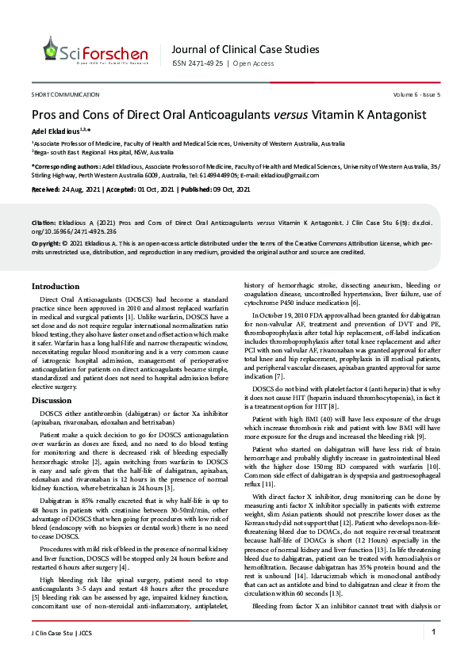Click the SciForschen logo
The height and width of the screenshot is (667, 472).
96,51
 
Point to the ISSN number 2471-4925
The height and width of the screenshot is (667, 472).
202,63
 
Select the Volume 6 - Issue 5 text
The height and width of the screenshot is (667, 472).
416,94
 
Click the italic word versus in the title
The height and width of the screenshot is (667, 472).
292,114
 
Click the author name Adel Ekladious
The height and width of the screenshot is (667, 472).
57,129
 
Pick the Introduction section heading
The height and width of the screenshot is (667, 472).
55,285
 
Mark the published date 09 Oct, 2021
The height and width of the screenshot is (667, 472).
226,189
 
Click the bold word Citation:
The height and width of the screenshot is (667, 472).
43,223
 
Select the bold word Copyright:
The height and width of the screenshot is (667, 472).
46,244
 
